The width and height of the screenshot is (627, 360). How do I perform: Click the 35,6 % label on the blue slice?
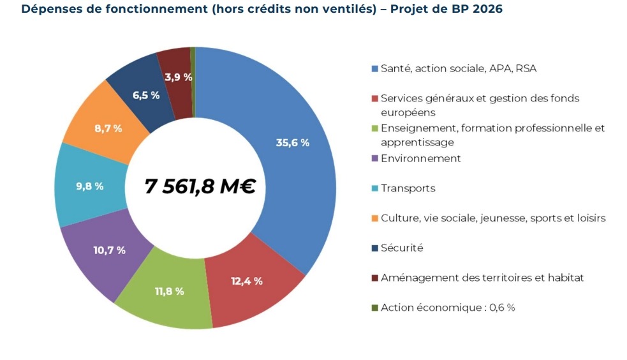coord(292,143)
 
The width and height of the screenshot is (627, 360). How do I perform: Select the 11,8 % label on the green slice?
coord(169,291)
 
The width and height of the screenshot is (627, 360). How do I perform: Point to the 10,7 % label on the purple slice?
coord(109,250)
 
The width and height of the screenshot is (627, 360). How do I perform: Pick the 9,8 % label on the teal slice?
coord(89,186)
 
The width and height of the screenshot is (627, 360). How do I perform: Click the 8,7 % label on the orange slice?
coord(108,128)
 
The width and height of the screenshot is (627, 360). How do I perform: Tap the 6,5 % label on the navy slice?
coord(145,96)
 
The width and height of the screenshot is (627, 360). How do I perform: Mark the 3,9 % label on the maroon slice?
coord(178,77)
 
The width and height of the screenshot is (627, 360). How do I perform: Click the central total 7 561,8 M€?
coord(200,186)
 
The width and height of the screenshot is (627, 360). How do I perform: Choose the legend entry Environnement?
coord(420,158)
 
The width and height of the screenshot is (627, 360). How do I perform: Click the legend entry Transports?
coord(408,188)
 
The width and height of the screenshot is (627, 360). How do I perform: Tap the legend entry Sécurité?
coord(402,248)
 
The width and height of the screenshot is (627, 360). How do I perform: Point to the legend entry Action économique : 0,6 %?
coord(448,308)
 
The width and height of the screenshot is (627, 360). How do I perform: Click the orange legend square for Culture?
coord(374,218)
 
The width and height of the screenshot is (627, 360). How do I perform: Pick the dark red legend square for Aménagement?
coord(374,278)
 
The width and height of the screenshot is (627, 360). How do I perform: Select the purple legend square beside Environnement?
coord(374,158)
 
